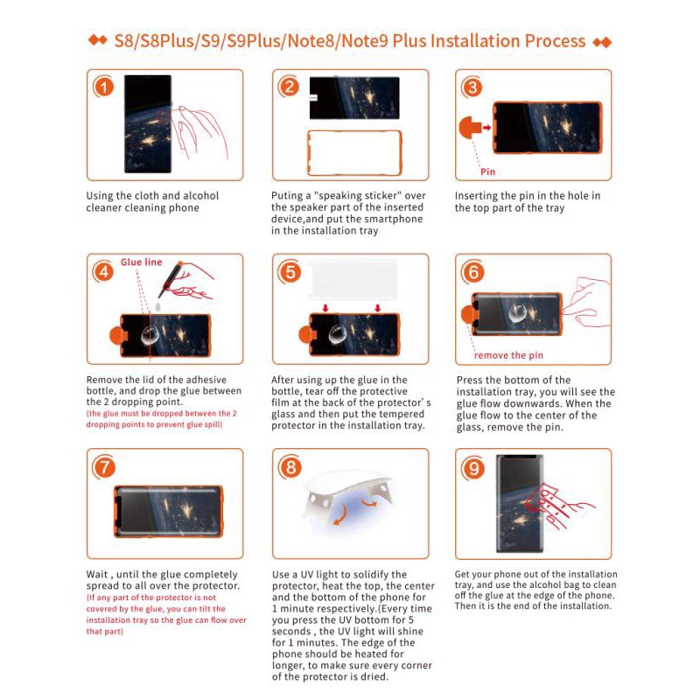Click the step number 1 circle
104,87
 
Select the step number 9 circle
473,468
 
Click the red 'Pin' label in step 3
488,171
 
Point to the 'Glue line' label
141,262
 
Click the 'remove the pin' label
508,355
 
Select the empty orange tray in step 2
353,153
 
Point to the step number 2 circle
290,87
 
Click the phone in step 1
147,122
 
